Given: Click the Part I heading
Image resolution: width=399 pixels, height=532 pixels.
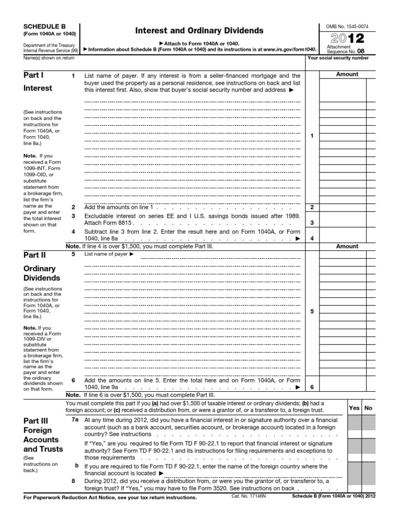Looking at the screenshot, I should tap(34, 75).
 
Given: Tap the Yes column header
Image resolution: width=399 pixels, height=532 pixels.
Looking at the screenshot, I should tap(354, 408).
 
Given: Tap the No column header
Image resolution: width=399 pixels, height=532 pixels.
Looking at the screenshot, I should tap(368, 408).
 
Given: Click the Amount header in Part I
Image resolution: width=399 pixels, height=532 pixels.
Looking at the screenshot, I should tap(347, 74).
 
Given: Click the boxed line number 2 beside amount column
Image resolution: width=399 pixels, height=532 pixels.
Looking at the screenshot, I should tap(312, 207).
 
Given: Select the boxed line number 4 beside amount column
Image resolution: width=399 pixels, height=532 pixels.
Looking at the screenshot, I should tap(312, 239).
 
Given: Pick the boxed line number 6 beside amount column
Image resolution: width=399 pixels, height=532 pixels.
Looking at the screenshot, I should tap(312, 387).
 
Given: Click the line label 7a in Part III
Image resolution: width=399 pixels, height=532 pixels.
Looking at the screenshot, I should tap(75, 419).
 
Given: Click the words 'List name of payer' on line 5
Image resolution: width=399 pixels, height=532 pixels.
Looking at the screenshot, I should tap(105, 254).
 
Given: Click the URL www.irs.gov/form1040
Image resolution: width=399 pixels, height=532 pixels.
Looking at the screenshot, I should tap(289, 48).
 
